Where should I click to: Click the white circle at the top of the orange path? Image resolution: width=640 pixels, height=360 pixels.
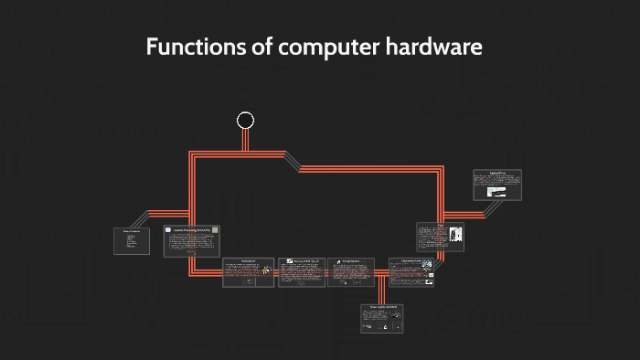point(245,120)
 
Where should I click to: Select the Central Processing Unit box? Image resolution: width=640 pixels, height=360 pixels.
point(192,240)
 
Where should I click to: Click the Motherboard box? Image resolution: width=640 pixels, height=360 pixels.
point(249,272)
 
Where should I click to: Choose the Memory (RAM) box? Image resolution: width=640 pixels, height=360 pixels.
point(301,272)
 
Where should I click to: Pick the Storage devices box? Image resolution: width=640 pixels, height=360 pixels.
point(351,272)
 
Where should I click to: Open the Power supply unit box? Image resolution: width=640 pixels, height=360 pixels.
point(381,317)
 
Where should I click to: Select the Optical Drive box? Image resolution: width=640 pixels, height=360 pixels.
point(497,184)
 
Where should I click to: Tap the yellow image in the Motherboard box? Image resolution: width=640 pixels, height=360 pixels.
point(266,270)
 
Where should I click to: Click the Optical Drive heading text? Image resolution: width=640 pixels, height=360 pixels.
point(497,173)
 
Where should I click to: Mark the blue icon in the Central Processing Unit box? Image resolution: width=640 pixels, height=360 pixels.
point(169,230)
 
